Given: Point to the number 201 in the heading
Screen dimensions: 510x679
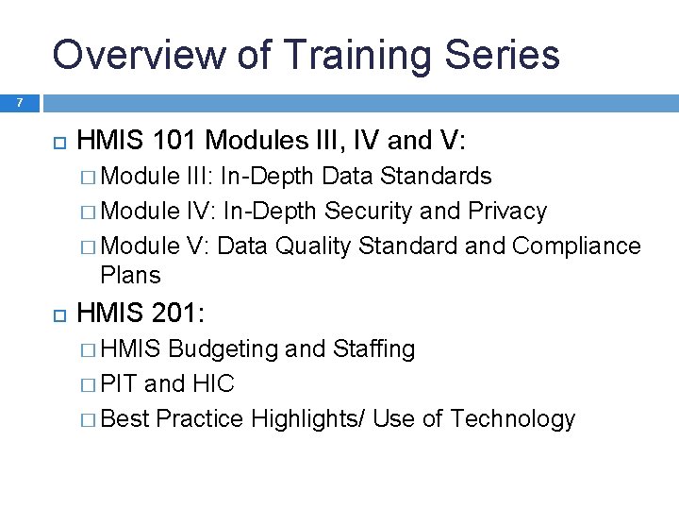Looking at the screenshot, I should pyautogui.click(x=172, y=313).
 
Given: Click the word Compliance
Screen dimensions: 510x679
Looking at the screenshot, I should pyautogui.click(x=576, y=246).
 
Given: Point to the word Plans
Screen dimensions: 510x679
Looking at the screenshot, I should pyautogui.click(x=130, y=275).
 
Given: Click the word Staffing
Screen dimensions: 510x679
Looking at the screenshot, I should pyautogui.click(x=374, y=348).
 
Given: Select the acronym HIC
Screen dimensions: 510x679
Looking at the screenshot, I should pyautogui.click(x=212, y=383).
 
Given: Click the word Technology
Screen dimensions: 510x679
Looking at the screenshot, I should pyautogui.click(x=512, y=418).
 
